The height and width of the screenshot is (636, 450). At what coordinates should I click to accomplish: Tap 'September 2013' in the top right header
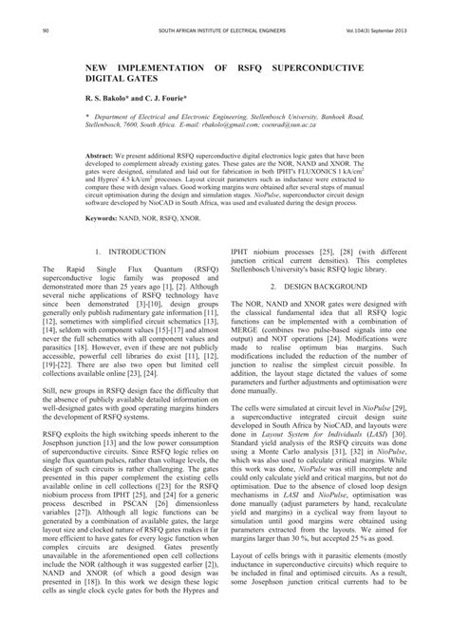tap(388, 32)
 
